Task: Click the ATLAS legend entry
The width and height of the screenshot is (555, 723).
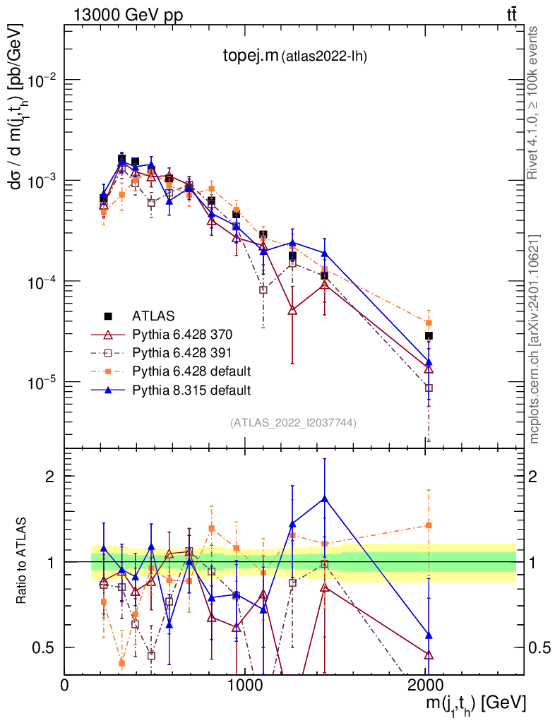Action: click(153, 315)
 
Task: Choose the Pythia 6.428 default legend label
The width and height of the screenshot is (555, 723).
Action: click(191, 371)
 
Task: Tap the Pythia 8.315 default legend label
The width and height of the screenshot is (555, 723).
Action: click(191, 389)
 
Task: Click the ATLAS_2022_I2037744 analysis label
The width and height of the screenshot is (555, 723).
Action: click(293, 423)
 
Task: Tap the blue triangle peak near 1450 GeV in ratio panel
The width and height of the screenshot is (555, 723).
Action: click(324, 498)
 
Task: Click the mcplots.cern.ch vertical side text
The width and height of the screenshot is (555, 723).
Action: click(535, 339)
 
